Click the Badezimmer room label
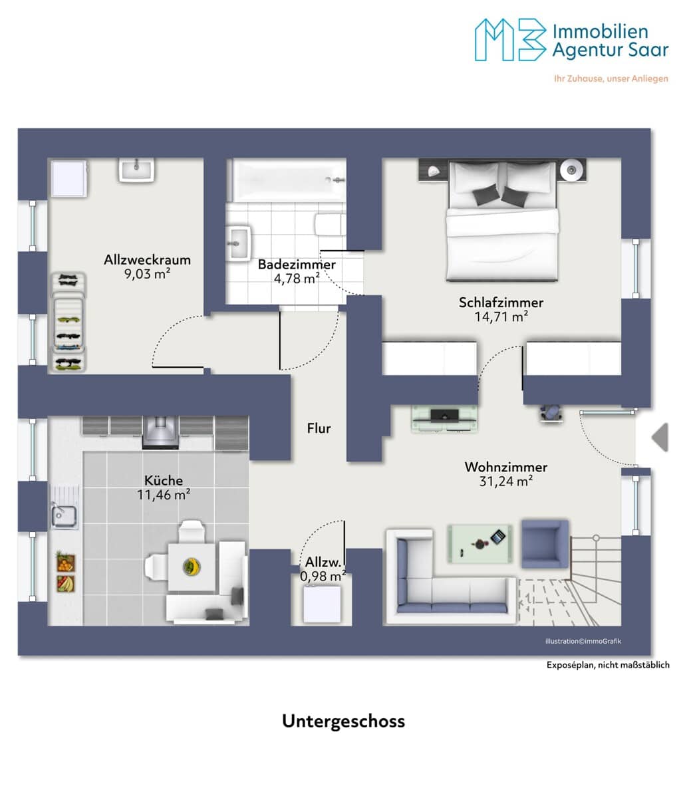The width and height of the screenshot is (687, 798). [297, 265]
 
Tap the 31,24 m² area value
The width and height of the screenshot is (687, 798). [506, 481]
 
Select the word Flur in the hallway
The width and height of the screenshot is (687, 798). [319, 428]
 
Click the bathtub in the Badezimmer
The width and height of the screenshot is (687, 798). [289, 180]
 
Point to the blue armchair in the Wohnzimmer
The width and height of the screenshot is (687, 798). [545, 544]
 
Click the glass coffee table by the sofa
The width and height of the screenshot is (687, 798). [480, 543]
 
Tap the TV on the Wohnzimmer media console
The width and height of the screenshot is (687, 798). [444, 415]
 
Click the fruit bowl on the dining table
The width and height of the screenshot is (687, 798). [192, 567]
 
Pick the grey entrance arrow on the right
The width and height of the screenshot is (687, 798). [660, 437]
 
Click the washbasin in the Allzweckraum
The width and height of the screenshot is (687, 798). [136, 170]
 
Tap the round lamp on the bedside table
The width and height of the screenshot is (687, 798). [571, 170]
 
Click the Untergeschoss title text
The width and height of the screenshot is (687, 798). [343, 721]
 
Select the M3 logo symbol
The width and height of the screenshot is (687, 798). [510, 40]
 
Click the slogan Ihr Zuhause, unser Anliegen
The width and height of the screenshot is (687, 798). [611, 78]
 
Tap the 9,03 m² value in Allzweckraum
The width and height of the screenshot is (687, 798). [147, 274]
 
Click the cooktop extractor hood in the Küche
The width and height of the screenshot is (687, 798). [161, 432]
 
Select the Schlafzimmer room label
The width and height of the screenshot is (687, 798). [501, 303]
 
